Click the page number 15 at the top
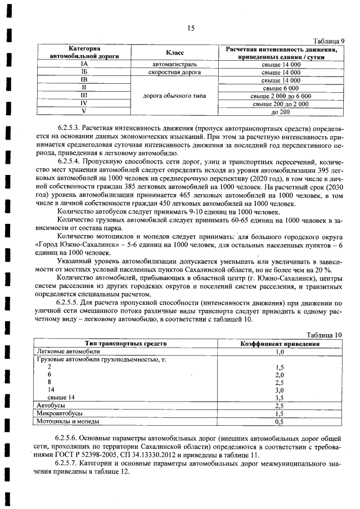point(191,29)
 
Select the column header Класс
point(175,53)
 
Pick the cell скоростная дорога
point(175,73)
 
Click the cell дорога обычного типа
point(175,96)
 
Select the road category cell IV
point(83,104)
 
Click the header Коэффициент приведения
point(280,344)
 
